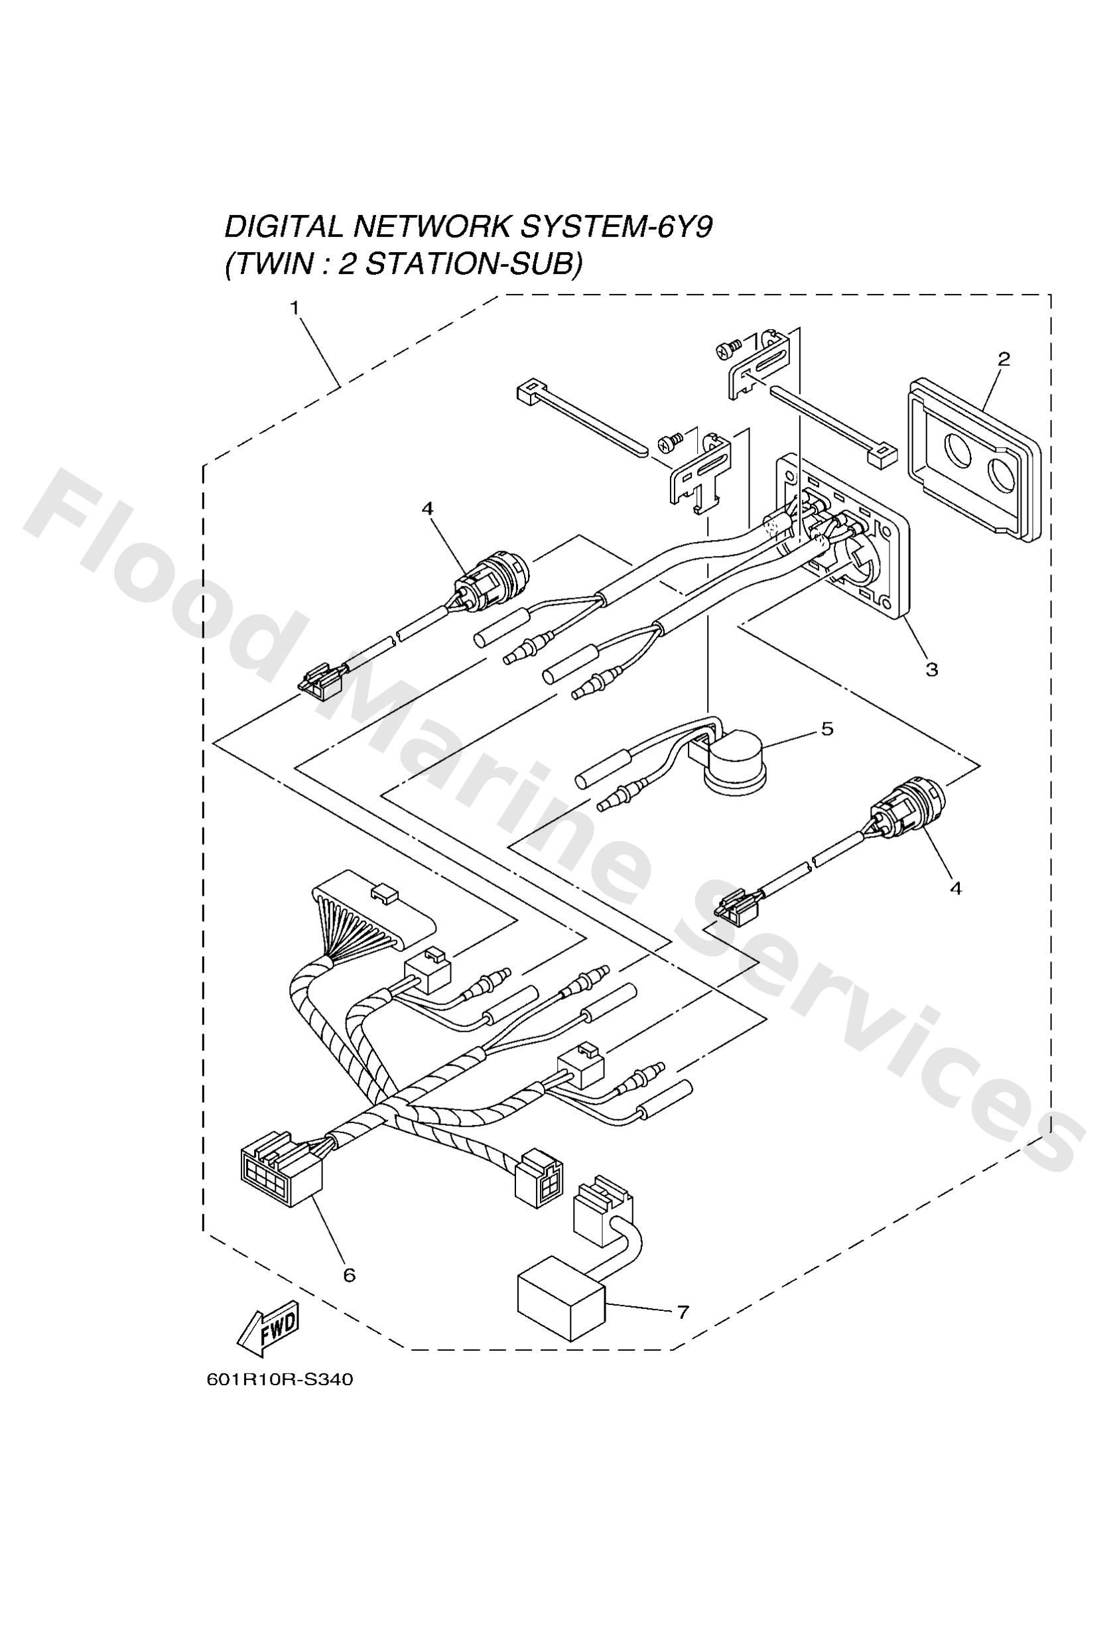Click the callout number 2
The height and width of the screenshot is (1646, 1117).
[1003, 359]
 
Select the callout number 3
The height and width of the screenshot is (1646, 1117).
[931, 669]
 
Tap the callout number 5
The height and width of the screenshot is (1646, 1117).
[827, 729]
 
